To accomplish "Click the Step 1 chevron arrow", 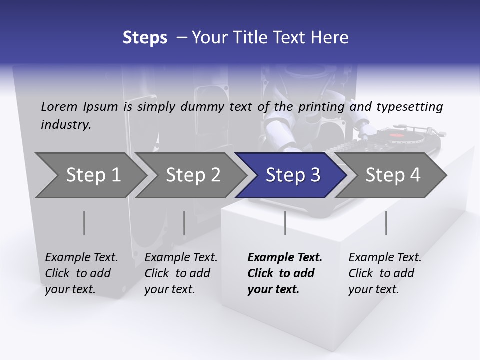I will point(93,175).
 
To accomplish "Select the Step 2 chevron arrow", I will point(193,175).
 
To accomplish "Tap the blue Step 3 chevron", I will point(293,175).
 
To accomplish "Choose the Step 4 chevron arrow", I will point(393,175).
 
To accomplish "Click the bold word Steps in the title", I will point(145,38).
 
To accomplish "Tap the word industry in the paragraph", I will point(65,125).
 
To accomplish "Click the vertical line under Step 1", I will point(84,223).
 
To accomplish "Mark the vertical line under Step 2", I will point(184,223).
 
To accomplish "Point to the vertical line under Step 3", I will point(285,223).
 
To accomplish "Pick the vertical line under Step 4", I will point(386,223).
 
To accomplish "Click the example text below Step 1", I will point(81,273).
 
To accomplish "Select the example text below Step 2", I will point(181,273).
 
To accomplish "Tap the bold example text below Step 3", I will point(285,273).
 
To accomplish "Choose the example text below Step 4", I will point(385,273).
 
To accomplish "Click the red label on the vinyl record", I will point(396,135).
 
